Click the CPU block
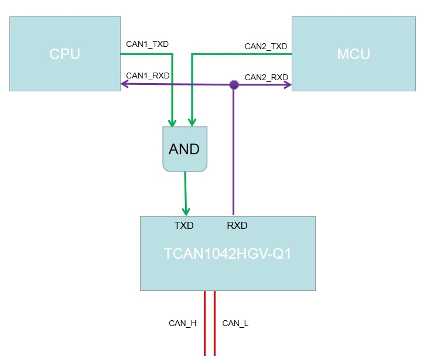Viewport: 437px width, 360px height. click(x=64, y=54)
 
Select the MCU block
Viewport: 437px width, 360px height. click(x=353, y=54)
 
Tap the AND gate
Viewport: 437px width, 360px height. click(x=184, y=149)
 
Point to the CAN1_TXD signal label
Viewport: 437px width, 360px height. click(x=148, y=44)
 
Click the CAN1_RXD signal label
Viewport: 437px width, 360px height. click(x=148, y=76)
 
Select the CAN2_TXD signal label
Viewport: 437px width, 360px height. click(x=265, y=46)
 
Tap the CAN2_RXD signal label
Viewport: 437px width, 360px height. click(x=266, y=77)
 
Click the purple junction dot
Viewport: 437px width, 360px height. click(x=234, y=85)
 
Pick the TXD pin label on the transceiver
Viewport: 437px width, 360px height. click(x=184, y=225)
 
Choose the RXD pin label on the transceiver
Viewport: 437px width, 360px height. click(x=237, y=225)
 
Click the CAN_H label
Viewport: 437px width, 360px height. click(x=182, y=323)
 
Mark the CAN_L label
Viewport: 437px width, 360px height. click(x=235, y=323)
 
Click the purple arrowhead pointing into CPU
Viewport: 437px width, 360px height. click(x=124, y=84)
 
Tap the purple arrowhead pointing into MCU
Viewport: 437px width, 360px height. click(x=288, y=85)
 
